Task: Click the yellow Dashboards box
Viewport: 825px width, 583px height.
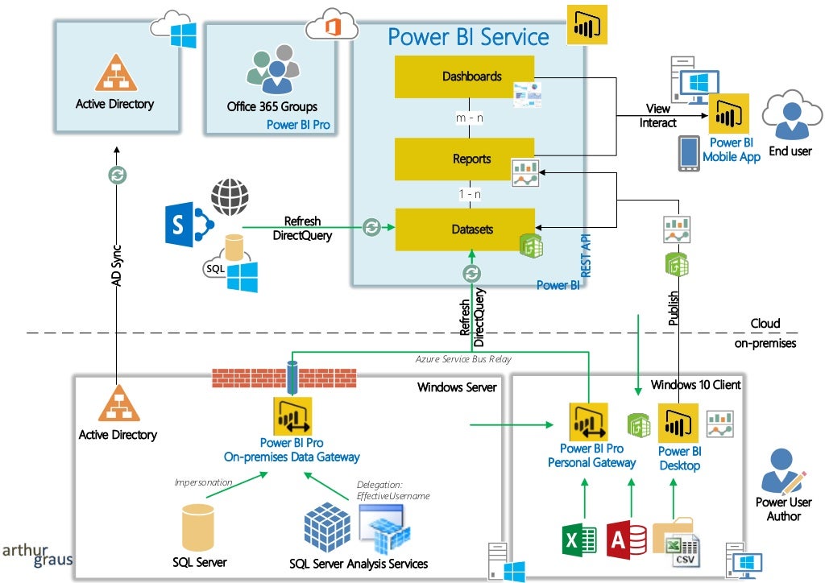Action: click(464, 76)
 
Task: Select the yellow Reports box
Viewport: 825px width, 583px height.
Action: click(464, 159)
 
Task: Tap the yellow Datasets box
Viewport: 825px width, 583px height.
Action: click(464, 229)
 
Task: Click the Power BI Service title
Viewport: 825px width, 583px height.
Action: click(468, 36)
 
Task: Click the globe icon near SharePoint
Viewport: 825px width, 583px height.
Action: click(230, 197)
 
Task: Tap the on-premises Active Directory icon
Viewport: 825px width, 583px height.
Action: click(118, 403)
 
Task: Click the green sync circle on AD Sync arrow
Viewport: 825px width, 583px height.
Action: click(118, 174)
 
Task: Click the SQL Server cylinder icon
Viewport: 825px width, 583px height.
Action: click(198, 527)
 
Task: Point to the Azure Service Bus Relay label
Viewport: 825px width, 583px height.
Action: click(463, 359)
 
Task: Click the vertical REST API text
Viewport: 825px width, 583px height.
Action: click(587, 256)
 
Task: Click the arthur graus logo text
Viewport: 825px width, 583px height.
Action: click(37, 555)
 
